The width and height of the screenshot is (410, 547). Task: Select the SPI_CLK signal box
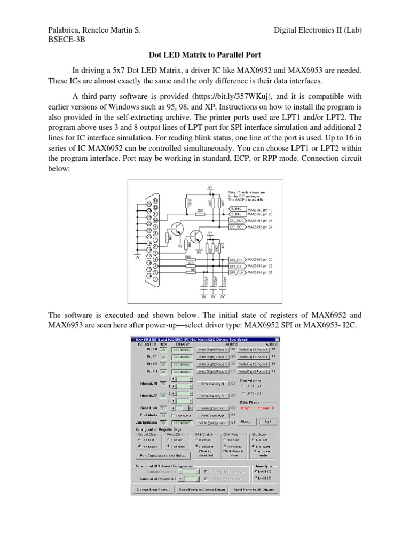click(236, 272)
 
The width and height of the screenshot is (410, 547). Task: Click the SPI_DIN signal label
click(236, 259)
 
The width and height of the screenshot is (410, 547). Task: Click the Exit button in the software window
click(268, 421)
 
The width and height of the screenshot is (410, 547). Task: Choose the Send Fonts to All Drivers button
click(254, 489)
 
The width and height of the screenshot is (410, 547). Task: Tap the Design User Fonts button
click(153, 489)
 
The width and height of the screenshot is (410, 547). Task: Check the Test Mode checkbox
click(173, 415)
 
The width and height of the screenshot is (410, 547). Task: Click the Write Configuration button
click(211, 421)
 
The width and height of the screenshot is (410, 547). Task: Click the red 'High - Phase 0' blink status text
click(258, 407)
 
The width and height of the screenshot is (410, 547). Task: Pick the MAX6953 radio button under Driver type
click(257, 479)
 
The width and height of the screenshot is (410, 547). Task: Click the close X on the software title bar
click(277, 339)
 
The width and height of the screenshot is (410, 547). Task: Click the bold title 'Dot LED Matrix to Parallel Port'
click(204, 54)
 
